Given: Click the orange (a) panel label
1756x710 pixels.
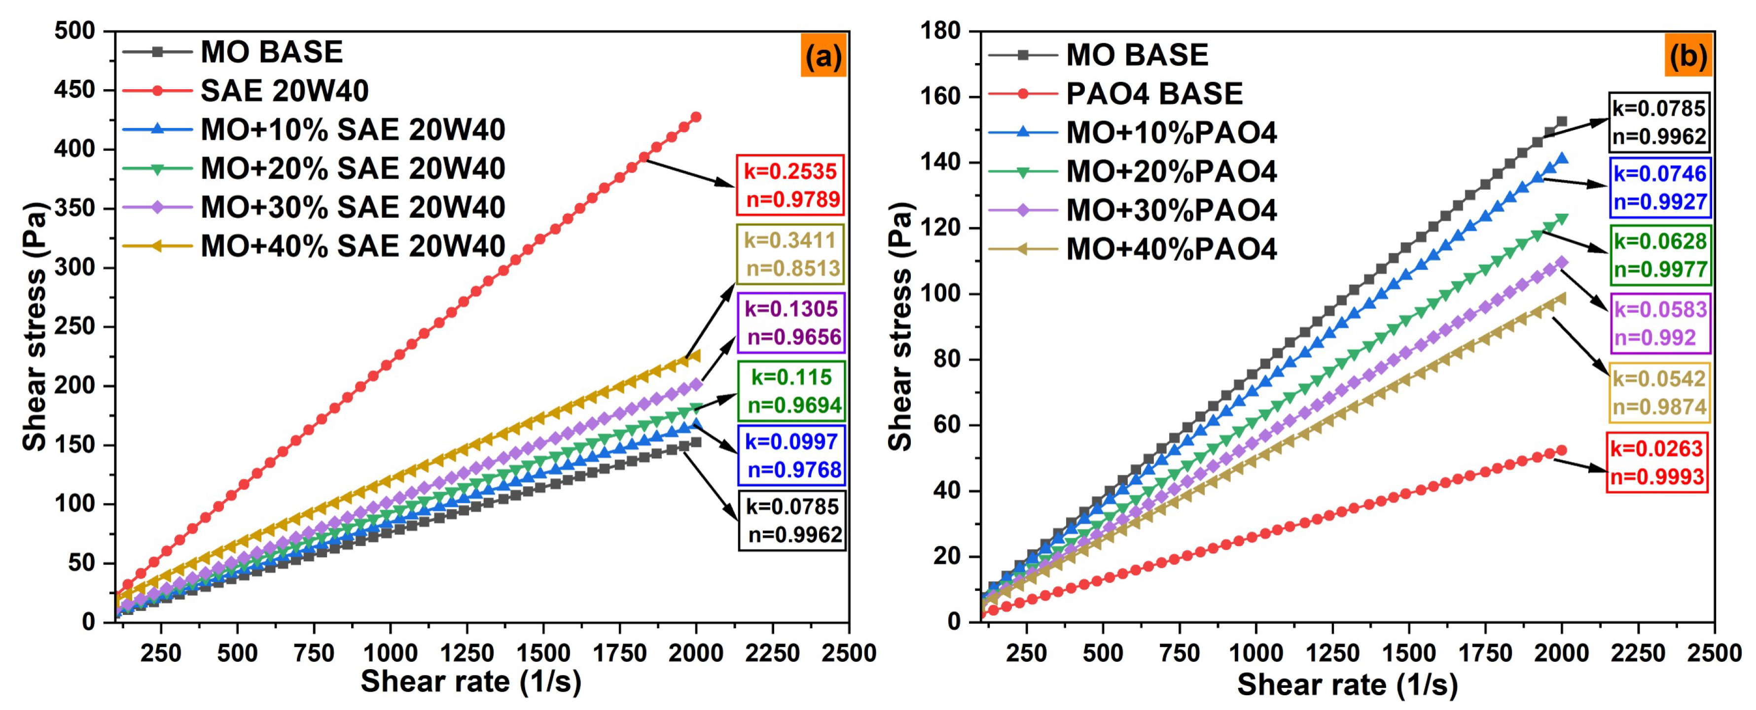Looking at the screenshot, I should pos(823,55).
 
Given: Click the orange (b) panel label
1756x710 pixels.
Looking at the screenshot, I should pos(1688,55).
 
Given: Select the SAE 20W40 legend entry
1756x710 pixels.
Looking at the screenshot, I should pos(284,91).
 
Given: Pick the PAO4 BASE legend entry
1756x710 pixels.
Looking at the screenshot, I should pos(1153,93).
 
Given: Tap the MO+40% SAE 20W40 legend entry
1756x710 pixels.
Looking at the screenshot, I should pos(353,246).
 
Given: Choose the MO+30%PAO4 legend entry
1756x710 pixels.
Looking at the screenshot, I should pos(1171,210).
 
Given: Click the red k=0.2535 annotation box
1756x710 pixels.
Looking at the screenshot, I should pos(790,185).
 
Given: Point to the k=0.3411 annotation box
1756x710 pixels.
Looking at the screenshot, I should pos(790,254).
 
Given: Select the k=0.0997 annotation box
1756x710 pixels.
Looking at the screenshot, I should pos(791,455).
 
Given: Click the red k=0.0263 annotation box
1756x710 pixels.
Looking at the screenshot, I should pos(1656,462).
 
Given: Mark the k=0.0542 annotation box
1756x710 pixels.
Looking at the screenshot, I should pos(1658,393).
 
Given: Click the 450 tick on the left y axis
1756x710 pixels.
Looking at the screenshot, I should pos(74,90).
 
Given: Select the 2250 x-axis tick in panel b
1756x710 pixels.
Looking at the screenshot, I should pos(1637,653).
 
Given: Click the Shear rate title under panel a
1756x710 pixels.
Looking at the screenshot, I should pos(470,682).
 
